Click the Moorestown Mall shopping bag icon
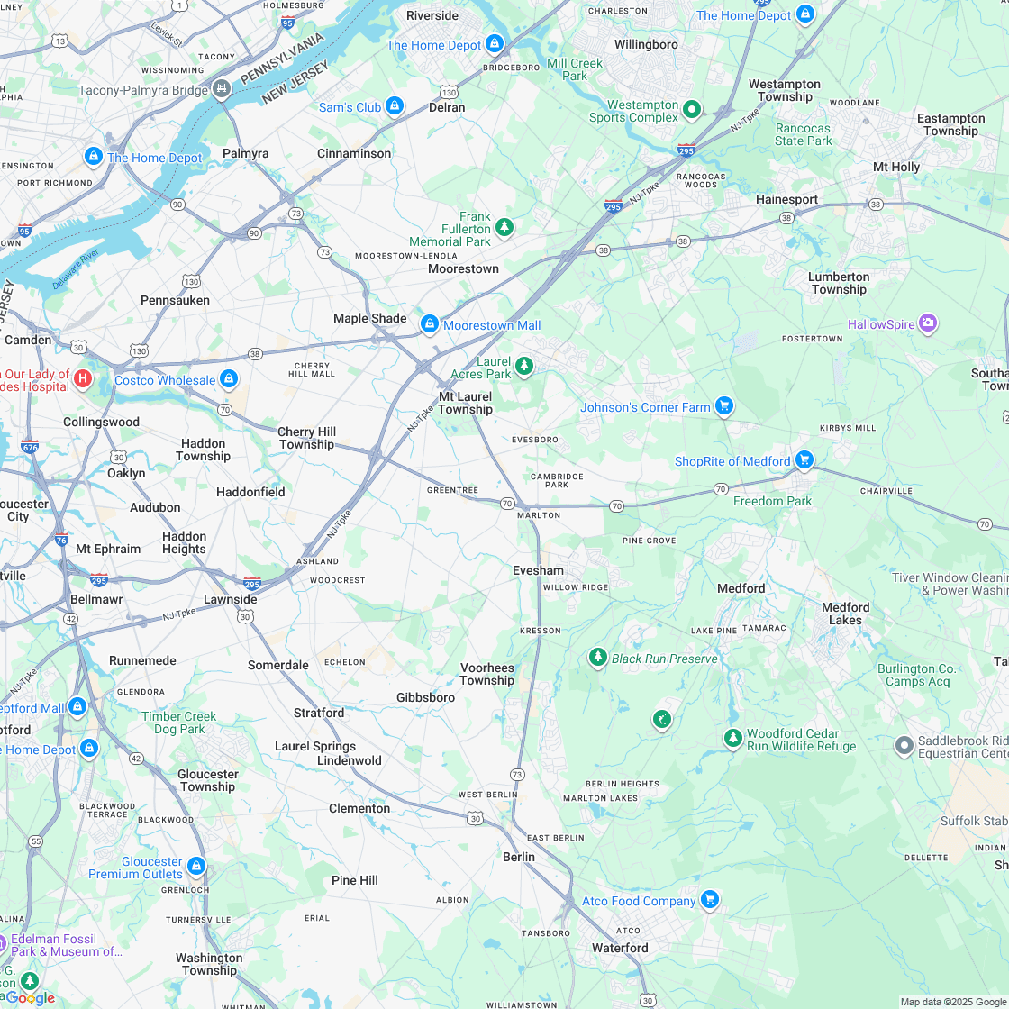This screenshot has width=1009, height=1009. coord(430,323)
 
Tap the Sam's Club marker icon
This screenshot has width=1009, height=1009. coord(394,106)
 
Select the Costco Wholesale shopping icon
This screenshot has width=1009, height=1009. coord(229,379)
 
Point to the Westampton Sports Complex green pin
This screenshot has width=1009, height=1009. coord(692,109)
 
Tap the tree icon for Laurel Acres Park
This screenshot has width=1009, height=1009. coord(524,366)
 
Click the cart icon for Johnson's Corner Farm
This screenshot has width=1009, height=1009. coord(723,406)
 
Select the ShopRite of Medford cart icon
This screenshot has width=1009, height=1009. coord(804,460)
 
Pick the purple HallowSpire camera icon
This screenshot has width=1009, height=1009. coord(928,323)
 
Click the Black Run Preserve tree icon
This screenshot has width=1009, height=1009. coord(597,658)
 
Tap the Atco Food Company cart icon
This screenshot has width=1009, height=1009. coord(709,900)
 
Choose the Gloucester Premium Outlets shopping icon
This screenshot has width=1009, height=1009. coord(196,867)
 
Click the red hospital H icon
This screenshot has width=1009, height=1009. coord(83,378)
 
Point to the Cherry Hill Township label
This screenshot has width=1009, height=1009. coord(306,438)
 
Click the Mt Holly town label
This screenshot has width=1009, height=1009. coord(896,167)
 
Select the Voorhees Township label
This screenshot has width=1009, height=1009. coord(486,674)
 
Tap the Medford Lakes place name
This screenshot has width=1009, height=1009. coord(845,614)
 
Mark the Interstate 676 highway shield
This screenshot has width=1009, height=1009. coord(30,445)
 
